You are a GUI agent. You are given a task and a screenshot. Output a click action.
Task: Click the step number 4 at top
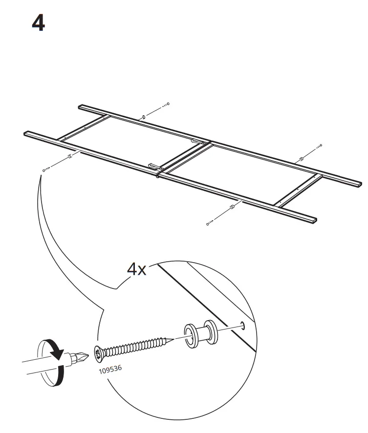[x=38, y=23]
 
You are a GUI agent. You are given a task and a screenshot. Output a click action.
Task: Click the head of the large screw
[x=100, y=352]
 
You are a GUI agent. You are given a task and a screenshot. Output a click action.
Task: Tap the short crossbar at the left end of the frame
[x=83, y=129]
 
